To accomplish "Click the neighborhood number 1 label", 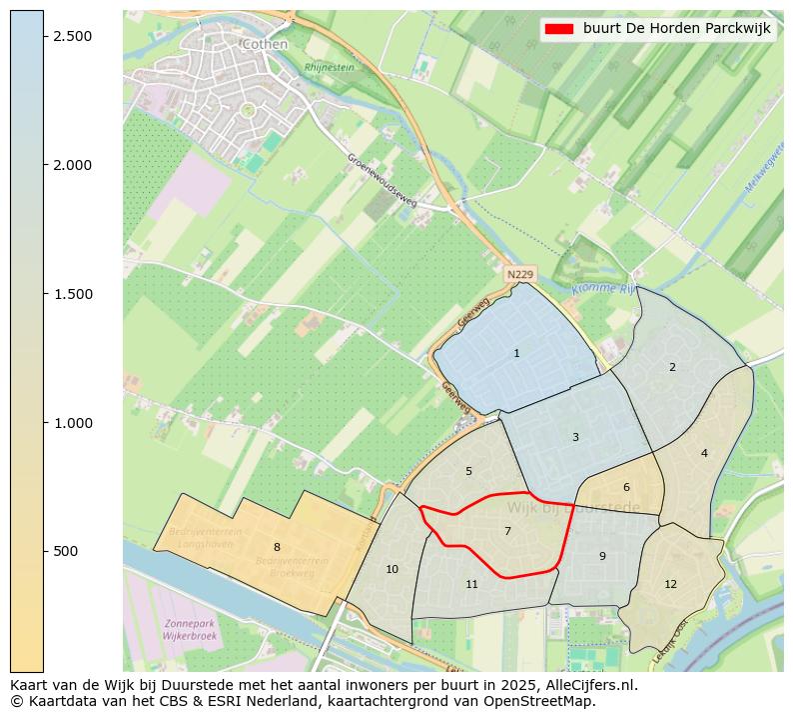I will click(516, 353).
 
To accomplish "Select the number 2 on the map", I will click(672, 367).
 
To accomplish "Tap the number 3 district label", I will click(575, 437).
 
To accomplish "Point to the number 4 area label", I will click(704, 453).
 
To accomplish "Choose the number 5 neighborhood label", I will click(468, 471).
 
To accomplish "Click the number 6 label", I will click(626, 487).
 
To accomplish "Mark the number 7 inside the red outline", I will click(507, 531).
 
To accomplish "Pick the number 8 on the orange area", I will click(277, 547).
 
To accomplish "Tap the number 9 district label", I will click(602, 556).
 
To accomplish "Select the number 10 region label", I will click(392, 569).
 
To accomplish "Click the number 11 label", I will click(471, 584).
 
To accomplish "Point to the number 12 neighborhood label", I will click(670, 584).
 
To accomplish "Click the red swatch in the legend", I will click(559, 29).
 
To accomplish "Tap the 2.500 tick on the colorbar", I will click(72, 36).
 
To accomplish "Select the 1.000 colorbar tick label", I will click(72, 423).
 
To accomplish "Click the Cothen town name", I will click(265, 44).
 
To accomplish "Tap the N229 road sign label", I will click(519, 274).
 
